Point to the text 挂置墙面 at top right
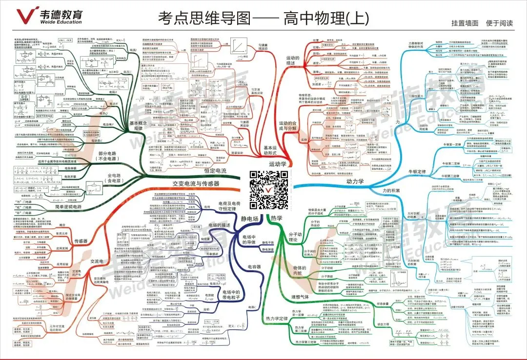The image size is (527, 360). point(465,23)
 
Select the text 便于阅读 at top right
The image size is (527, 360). point(500,23)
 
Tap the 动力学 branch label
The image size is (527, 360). point(355,181)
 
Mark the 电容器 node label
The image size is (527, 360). point(254,267)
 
